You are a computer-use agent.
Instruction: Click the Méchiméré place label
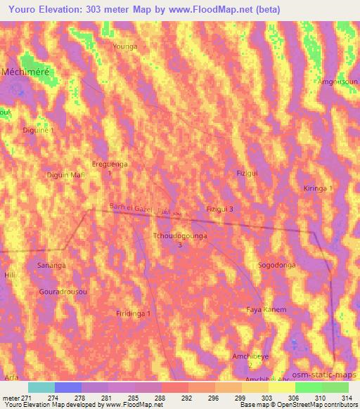pos(29,72)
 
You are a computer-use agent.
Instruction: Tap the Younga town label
pos(126,46)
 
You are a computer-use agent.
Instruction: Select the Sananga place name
pos(51,265)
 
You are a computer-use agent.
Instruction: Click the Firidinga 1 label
pos(134,313)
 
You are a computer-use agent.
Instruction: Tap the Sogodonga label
pos(276,265)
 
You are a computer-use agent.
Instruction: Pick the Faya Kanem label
pos(266,310)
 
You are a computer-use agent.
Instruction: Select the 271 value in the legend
pos(26,397)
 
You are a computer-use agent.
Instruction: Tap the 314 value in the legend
pos(345,397)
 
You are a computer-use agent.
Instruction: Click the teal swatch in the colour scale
pos(41,387)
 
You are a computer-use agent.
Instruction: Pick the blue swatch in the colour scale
pos(68,387)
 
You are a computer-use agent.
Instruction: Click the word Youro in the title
pos(24,9)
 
